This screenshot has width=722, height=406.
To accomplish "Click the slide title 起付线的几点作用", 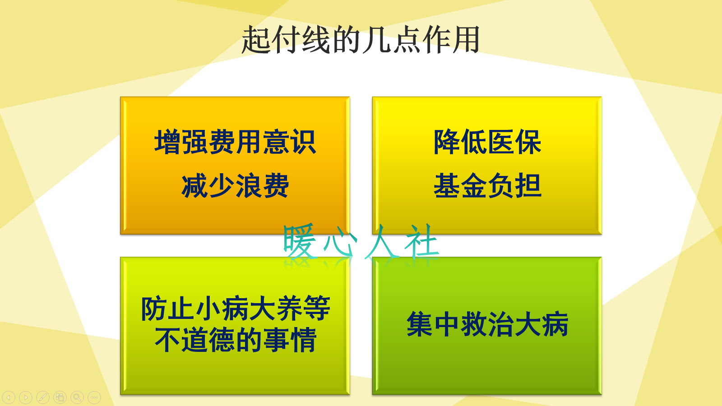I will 361,40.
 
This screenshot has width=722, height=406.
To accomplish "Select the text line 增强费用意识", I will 235,142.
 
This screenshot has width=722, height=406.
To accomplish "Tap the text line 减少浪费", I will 235,185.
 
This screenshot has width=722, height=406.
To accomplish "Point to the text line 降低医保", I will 487,142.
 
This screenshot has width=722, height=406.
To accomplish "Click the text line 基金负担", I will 487,185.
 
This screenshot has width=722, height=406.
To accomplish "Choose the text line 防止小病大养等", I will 235,309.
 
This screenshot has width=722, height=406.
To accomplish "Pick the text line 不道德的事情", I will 235,340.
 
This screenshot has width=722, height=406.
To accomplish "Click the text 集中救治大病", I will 487,324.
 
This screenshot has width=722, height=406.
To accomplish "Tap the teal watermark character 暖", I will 300,241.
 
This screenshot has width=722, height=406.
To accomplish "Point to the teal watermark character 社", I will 422,241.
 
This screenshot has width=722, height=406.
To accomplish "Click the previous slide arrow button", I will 9,397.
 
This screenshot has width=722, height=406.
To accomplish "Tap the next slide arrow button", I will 26,397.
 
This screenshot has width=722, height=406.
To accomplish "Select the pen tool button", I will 43,397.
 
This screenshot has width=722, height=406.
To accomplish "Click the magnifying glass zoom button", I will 77,397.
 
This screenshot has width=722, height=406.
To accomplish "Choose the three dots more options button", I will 94,397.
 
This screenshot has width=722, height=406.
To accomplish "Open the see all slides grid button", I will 60,397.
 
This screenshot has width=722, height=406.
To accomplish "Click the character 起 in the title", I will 256,40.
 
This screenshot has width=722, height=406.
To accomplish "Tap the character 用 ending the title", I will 466,40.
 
